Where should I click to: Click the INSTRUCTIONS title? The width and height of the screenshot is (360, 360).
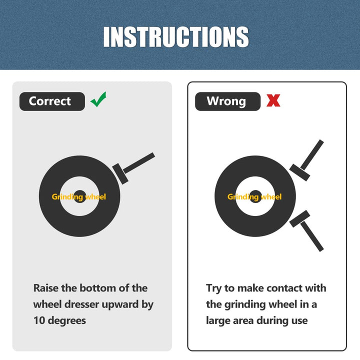pos(176,36)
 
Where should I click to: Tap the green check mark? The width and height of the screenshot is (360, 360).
pos(98,99)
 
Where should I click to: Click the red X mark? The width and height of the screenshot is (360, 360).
pos(273,100)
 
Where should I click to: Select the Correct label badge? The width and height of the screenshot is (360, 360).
pos(52,101)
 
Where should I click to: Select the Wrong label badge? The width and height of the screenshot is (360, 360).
pos(228,101)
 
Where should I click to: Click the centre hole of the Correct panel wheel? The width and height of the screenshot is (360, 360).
pos(79,196)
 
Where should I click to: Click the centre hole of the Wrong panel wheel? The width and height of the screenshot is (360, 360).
pos(255,196)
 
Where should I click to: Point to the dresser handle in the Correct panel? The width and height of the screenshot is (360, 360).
pos(139,163)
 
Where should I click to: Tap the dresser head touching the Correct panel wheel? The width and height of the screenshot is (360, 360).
pos(120,174)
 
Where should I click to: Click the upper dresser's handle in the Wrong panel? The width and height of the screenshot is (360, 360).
pos(312,154)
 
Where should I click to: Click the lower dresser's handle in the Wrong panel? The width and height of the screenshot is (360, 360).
pos(312,236)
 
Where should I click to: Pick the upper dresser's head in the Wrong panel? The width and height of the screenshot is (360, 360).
pos(299,172)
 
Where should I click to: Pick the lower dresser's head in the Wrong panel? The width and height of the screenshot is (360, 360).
pos(299,219)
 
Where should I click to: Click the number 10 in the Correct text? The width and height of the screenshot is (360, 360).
pos(39,320)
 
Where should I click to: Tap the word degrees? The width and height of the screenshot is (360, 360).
pos(67,321)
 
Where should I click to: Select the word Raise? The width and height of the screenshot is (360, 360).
pos(46,288)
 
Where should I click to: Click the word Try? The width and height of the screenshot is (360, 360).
pos(214,289)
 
